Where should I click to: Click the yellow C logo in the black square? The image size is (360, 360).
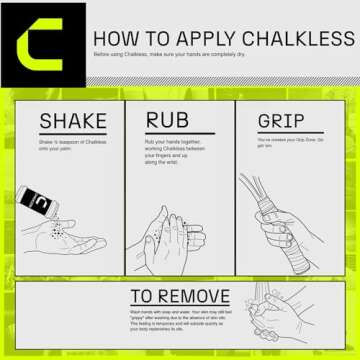43,45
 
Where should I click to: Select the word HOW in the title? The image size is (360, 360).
115,39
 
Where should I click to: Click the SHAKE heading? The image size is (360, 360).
72,123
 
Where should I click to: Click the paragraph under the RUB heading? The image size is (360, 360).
176,150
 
